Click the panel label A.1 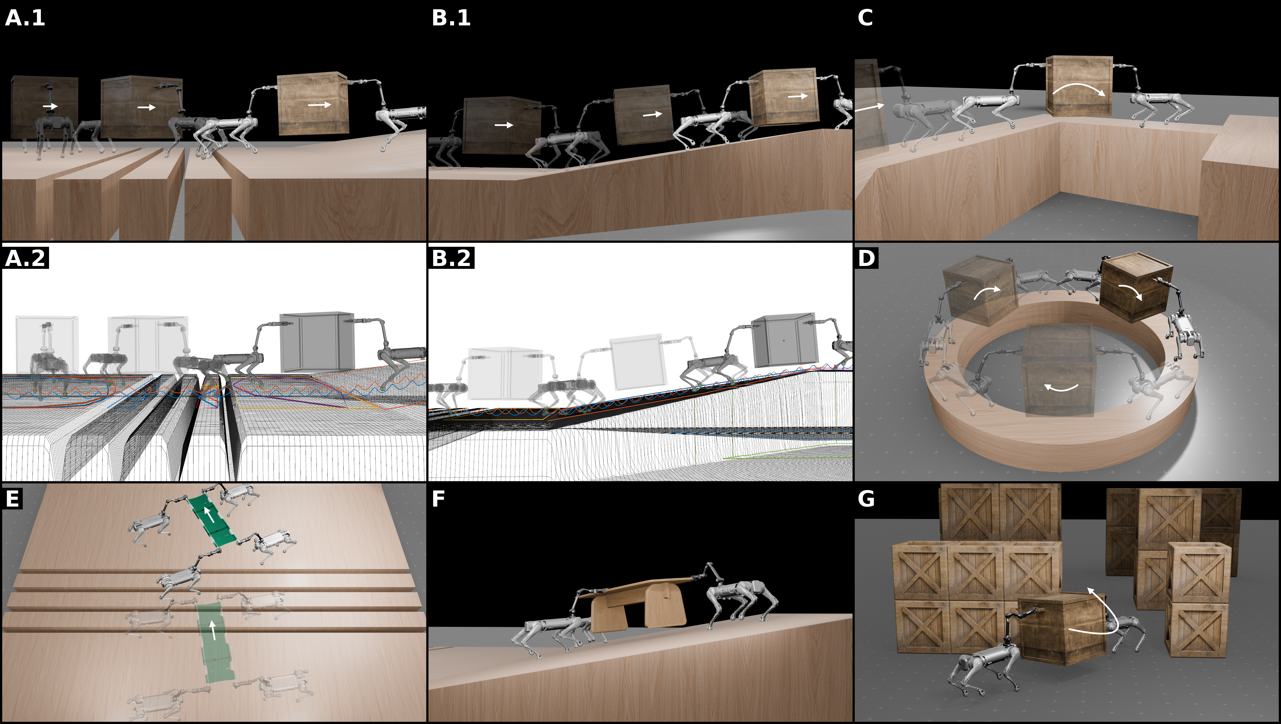pos(25,18)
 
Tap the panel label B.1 pos(451,18)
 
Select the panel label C pos(865,18)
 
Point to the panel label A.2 pos(25,258)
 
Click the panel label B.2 pos(451,258)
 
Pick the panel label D pos(866,258)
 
